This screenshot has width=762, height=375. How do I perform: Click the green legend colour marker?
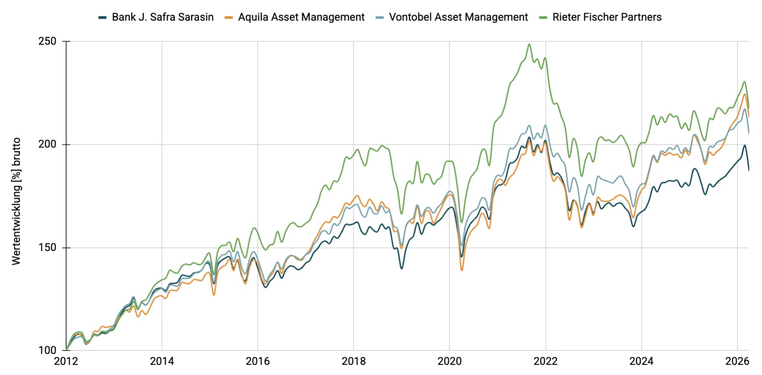[543, 18]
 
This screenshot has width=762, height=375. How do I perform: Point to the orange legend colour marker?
[229, 18]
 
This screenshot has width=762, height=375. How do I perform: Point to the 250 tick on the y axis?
[47, 41]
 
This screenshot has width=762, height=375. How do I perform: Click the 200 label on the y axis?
[47, 144]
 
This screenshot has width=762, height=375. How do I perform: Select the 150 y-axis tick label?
[47, 247]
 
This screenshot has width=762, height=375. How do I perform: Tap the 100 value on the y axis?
[47, 350]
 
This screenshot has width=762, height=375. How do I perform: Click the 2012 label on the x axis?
[66, 362]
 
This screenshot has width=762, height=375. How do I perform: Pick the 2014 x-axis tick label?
[162, 362]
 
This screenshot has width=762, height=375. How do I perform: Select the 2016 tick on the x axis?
[258, 362]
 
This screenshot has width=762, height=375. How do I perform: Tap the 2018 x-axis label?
[354, 362]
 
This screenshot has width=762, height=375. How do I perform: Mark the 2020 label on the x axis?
[449, 362]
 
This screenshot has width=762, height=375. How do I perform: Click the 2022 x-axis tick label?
[545, 362]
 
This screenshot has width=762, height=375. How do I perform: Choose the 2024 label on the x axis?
[641, 362]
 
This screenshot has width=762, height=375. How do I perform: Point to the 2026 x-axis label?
[737, 362]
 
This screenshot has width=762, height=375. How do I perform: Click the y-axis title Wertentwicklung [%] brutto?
[16, 201]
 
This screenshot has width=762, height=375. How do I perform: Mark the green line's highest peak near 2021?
[529, 44]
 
